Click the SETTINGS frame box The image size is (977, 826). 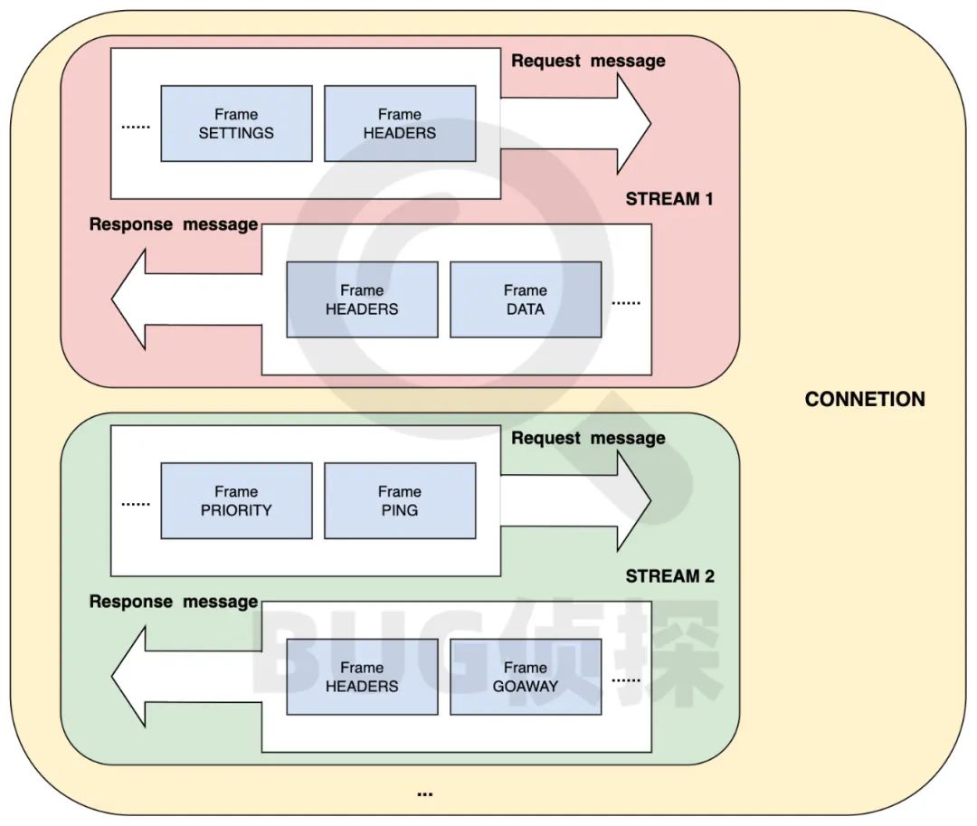point(236,124)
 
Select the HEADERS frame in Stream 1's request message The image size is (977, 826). point(400,124)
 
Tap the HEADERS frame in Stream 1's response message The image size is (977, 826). point(362,299)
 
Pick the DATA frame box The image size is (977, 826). point(526,299)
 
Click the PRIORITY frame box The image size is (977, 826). point(236,500)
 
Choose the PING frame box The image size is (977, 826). point(400,500)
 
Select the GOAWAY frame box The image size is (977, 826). point(526,677)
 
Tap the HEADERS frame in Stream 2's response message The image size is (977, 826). point(362,677)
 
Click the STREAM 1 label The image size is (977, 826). point(669,199)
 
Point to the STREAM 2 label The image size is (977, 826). point(669,576)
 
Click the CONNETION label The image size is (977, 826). point(865,399)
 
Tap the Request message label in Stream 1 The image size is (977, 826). point(588,62)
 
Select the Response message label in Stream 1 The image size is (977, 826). point(174,224)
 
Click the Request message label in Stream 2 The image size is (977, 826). point(588,439)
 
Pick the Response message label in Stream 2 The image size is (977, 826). point(174,602)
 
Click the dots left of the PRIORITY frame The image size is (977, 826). point(136,503)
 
